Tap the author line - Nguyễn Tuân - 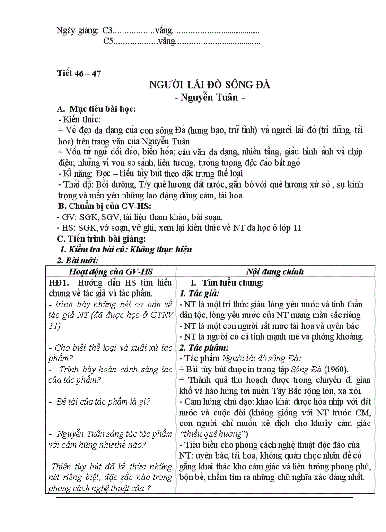point(210,98)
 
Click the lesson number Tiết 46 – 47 point(79,73)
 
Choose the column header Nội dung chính point(275,271)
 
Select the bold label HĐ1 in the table point(59,283)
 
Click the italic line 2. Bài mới point(77,260)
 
